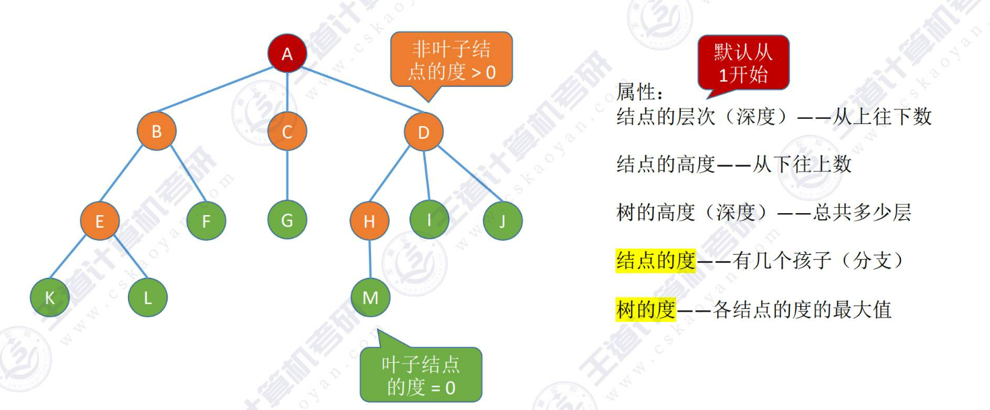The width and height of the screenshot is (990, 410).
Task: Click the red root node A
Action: pyautogui.click(x=288, y=53)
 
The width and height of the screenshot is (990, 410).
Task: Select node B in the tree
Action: pyautogui.click(x=156, y=131)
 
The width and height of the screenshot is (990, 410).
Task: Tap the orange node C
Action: pyautogui.click(x=287, y=131)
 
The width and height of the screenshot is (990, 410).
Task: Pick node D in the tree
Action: pyautogui.click(x=424, y=131)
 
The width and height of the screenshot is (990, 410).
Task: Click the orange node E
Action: pyautogui.click(x=100, y=221)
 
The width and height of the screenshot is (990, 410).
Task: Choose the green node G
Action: pyautogui.click(x=287, y=220)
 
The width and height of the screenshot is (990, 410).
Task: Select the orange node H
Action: pyautogui.click(x=369, y=221)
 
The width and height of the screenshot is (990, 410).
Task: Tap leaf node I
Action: pyautogui.click(x=429, y=219)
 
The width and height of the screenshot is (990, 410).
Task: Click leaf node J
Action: pyautogui.click(x=502, y=221)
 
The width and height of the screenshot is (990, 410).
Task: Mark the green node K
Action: pyautogui.click(x=50, y=297)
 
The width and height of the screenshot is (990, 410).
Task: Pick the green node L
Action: pyautogui.click(x=147, y=297)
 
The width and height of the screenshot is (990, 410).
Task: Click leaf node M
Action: pyautogui.click(x=370, y=297)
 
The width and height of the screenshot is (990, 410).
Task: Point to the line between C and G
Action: pyautogui.click(x=287, y=175)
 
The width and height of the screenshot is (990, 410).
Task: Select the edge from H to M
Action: pyautogui.click(x=370, y=259)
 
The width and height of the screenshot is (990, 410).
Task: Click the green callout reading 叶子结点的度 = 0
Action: pyautogui.click(x=421, y=374)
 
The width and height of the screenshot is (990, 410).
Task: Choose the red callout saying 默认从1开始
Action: pyautogui.click(x=743, y=62)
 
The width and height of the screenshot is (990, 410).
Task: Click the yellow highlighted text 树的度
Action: pyautogui.click(x=645, y=310)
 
